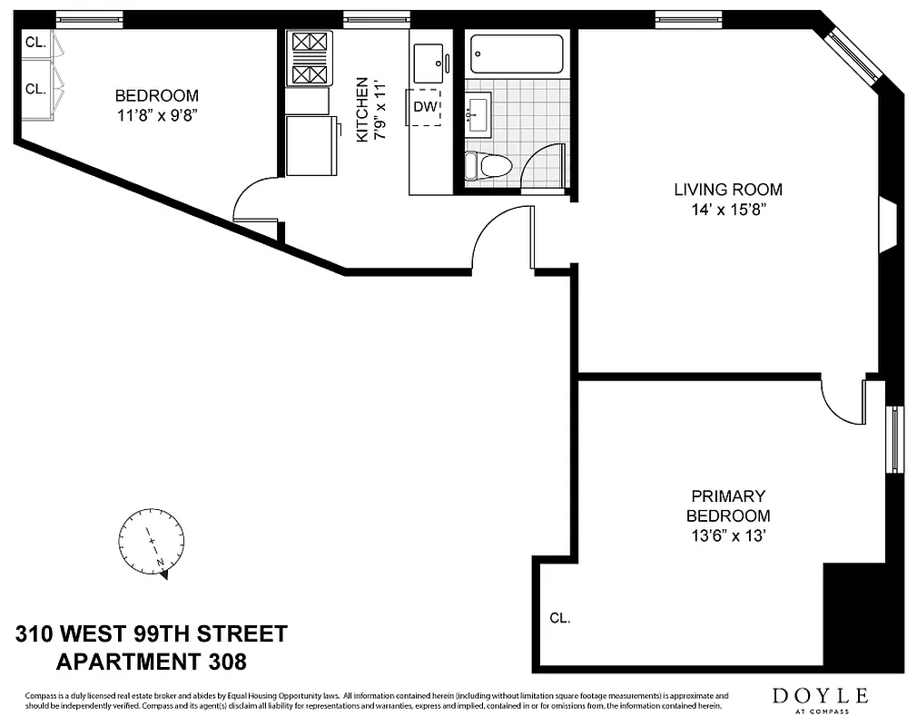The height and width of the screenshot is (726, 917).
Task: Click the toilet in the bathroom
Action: click(x=488, y=166)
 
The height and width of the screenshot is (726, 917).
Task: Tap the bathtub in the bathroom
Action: click(x=517, y=54)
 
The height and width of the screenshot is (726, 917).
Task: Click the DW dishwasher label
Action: click(x=425, y=107)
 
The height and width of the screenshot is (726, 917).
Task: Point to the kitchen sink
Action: click(x=429, y=61)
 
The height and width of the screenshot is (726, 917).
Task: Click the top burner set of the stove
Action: click(x=308, y=44)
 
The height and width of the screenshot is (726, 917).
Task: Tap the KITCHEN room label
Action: click(x=361, y=109)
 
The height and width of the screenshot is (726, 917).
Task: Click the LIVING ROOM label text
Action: click(x=727, y=190)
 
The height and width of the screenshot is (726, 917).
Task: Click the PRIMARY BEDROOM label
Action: click(x=728, y=505)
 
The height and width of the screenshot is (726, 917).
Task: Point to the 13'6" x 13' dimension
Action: click(x=728, y=535)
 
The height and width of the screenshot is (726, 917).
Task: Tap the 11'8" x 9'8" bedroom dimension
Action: click(x=156, y=114)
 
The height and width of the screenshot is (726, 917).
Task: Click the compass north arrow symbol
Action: click(x=153, y=542)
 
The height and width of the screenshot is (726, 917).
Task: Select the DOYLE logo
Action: click(x=820, y=697)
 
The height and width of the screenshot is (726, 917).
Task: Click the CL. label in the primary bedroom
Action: click(x=559, y=618)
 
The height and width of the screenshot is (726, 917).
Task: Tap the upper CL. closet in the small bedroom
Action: click(x=35, y=42)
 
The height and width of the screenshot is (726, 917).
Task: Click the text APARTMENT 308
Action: click(x=151, y=662)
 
